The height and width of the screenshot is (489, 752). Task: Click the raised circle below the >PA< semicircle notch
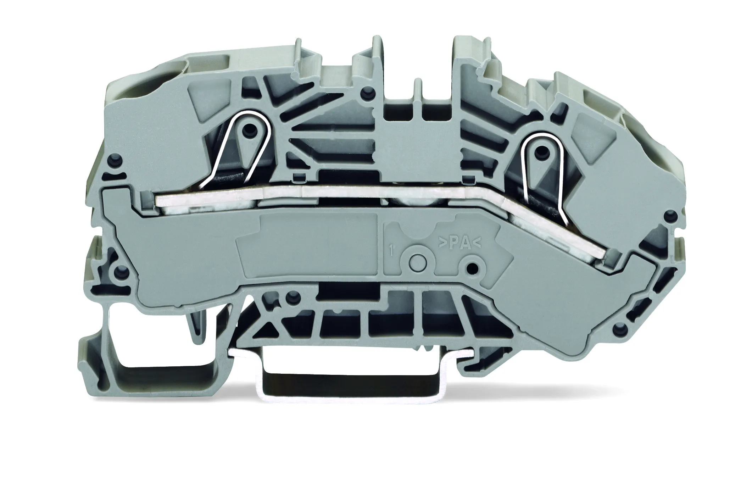coord(417,263)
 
